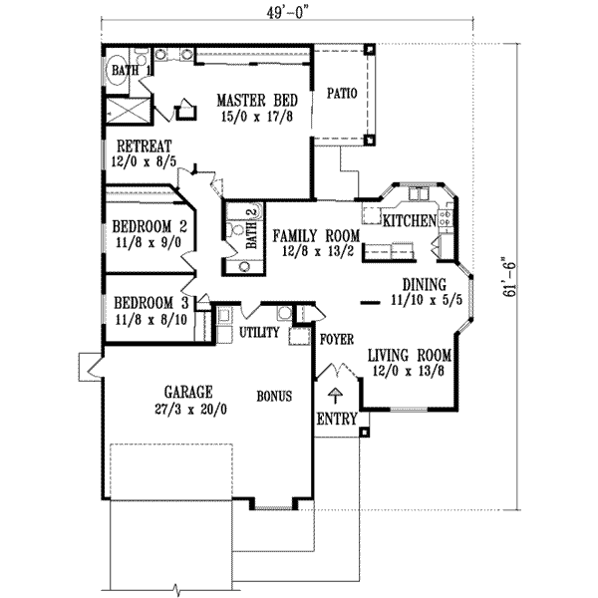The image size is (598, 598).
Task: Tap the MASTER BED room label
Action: [x=254, y=100]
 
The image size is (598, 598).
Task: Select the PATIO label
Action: [x=342, y=95]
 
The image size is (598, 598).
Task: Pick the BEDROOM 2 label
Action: [x=149, y=224]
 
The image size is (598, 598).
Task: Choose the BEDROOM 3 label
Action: [x=149, y=303]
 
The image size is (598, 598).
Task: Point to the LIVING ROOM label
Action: [x=410, y=355]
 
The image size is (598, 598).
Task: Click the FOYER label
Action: [x=337, y=339]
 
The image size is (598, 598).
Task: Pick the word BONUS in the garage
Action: [x=273, y=396]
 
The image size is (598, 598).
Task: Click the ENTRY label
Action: [x=336, y=420]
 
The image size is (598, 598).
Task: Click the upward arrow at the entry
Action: [x=336, y=391]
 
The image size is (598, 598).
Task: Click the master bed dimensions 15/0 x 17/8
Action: [x=254, y=116]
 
